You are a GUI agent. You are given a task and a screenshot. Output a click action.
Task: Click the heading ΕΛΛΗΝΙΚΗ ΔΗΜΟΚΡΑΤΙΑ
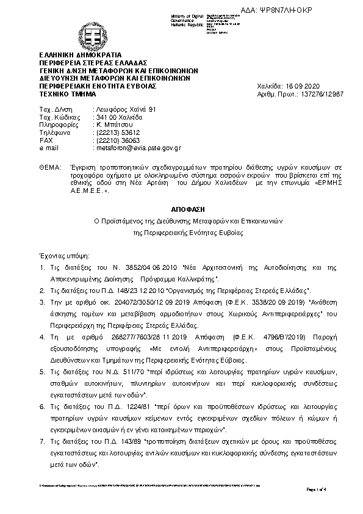[x=80, y=54]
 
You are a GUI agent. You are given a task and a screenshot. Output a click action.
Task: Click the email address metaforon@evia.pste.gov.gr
[x=135, y=148]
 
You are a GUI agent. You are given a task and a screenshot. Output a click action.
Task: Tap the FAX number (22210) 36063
[x=114, y=140]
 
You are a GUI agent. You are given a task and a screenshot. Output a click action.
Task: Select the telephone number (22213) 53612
[x=114, y=132]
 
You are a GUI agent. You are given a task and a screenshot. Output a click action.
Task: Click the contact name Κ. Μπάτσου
[x=110, y=125]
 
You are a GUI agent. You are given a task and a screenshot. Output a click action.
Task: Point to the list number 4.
[x=41, y=336]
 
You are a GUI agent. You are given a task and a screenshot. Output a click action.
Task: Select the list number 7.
[x=41, y=441]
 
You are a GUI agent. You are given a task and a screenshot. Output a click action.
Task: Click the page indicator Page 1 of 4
[x=317, y=489]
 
